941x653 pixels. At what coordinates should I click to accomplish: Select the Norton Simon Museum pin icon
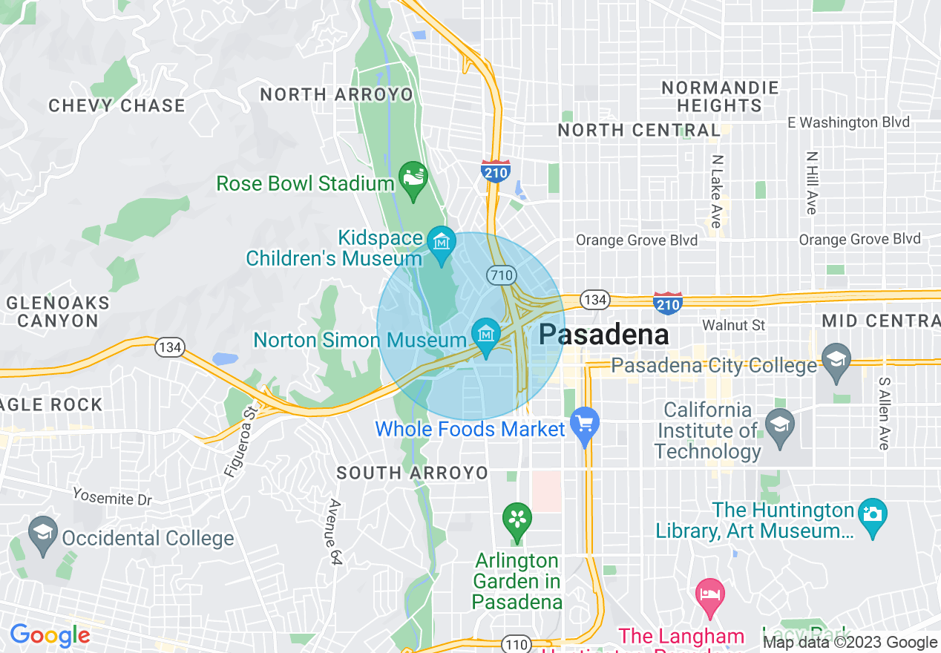coord(486,335)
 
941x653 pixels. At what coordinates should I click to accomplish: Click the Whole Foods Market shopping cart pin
coord(585,425)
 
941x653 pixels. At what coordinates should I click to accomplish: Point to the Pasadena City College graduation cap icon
coord(836,360)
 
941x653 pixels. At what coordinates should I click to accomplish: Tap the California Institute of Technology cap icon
coord(780,427)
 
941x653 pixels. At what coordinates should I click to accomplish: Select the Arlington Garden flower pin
coord(517,519)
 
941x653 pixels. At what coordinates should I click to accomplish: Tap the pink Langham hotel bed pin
coord(710,596)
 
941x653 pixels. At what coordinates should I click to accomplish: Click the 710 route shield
coord(501,275)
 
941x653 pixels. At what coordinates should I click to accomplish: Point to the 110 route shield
coord(516,643)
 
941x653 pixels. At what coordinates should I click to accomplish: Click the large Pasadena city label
coord(604,335)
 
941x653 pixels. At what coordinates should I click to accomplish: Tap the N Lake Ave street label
coord(716,191)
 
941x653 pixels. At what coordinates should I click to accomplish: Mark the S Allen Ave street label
coord(884,413)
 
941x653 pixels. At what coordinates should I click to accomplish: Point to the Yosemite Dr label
coord(112,497)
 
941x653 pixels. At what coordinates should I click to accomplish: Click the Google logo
coord(50,636)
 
